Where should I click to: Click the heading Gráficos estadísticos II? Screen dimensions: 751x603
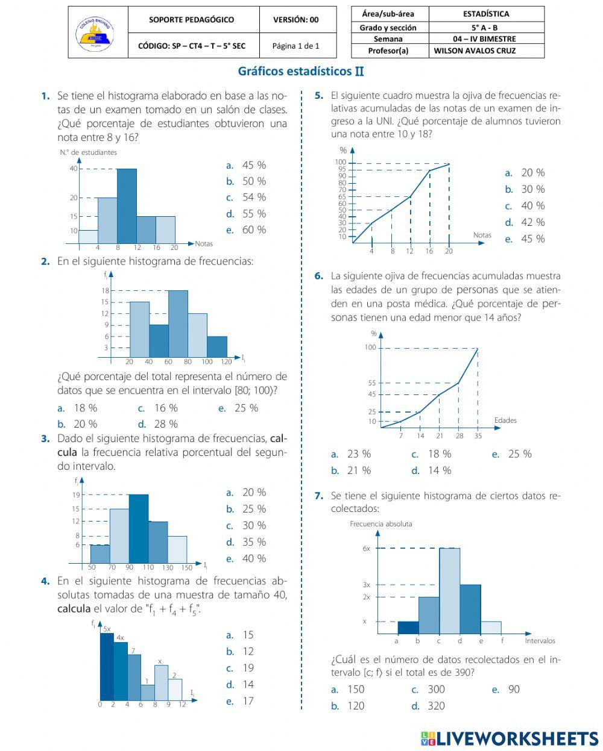pos(301,72)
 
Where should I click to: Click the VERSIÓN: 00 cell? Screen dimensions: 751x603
pos(295,19)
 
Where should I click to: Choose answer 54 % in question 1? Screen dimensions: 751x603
pos(247,198)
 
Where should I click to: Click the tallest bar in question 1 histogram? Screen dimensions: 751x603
pos(127,206)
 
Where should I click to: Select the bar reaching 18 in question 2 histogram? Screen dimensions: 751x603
pos(178,324)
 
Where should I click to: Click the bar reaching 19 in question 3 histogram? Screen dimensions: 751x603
pos(139,529)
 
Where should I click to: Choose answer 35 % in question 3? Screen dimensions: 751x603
pos(247,542)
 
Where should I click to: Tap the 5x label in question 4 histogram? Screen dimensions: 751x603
pos(107,629)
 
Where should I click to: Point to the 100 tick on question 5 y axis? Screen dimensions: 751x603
pos(341,162)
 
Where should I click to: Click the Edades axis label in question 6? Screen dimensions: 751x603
pos(505,420)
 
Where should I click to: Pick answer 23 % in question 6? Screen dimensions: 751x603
pos(352,454)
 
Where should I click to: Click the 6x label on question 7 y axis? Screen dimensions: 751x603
pos(366,549)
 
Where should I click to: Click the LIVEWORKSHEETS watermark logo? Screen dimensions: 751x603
pos(510,738)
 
